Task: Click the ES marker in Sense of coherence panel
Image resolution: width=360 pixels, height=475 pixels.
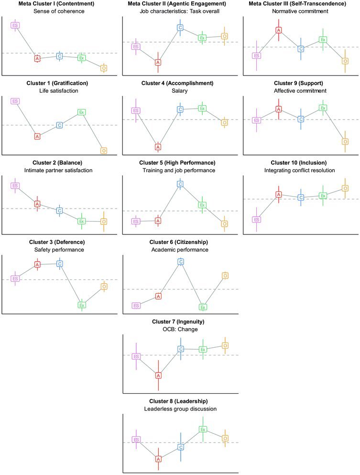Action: coord(15,25)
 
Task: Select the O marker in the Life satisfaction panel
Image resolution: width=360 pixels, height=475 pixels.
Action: coord(104,150)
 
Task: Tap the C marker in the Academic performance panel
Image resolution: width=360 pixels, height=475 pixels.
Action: coord(180,262)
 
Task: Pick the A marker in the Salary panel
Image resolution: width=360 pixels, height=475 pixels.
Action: coord(158,147)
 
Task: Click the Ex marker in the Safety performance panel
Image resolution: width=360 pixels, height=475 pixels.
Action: coord(82,305)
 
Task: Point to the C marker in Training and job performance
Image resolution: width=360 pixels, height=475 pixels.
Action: coord(180,184)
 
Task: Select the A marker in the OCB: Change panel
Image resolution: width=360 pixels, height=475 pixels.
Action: coord(158,375)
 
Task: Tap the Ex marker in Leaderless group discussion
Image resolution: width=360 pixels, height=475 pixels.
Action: coord(202,429)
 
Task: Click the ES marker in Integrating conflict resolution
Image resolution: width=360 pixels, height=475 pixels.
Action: coord(256,220)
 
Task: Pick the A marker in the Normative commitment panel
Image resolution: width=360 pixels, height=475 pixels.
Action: coord(278,30)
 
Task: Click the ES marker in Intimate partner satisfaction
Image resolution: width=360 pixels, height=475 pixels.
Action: coord(15,186)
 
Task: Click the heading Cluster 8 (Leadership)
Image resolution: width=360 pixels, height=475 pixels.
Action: coord(180,401)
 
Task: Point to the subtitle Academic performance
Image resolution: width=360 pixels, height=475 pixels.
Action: coord(180,250)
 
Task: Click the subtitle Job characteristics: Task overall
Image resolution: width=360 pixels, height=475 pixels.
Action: coord(180,11)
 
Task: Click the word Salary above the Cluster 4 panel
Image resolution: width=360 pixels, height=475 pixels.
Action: coord(180,91)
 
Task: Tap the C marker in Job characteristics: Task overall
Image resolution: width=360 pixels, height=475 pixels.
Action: coord(180,27)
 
